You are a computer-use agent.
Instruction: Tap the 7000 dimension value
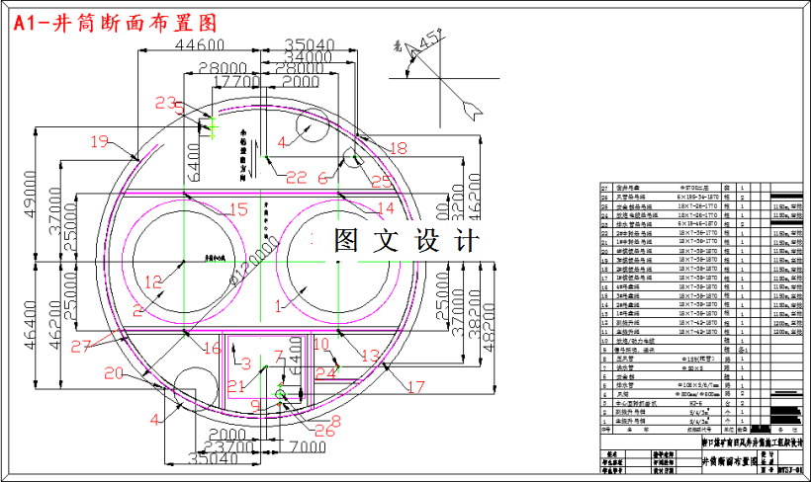click(x=309, y=446)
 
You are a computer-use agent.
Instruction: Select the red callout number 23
click(x=167, y=103)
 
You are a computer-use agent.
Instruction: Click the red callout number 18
click(x=397, y=148)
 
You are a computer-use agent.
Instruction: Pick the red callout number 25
click(x=381, y=181)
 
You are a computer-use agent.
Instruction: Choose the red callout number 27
click(x=84, y=345)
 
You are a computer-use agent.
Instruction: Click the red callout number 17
click(x=415, y=385)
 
